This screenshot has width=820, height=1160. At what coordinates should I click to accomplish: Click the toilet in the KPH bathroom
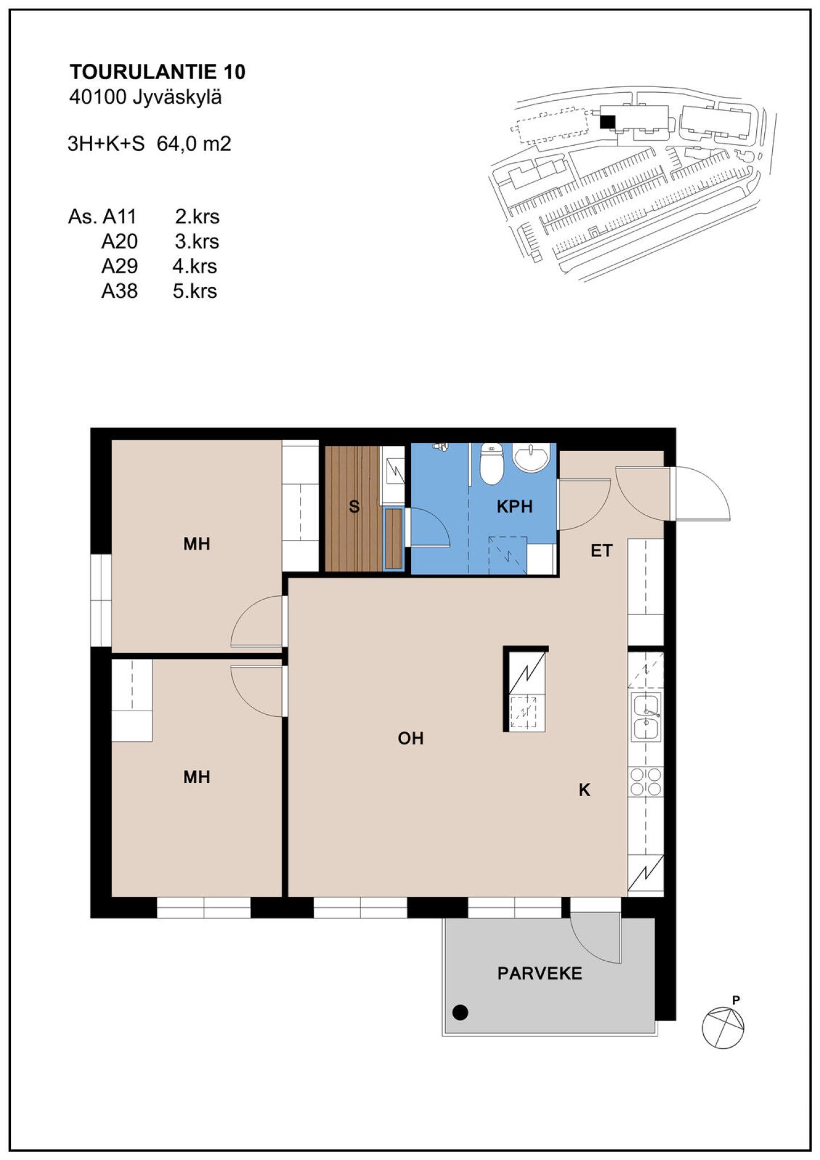(491, 463)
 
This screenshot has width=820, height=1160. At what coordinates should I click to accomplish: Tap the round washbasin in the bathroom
(531, 457)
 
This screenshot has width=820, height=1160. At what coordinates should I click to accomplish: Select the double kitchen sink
(646, 716)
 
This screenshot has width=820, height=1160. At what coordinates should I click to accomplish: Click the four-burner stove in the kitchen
(646, 781)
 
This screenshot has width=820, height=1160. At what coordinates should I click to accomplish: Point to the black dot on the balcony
(460, 1012)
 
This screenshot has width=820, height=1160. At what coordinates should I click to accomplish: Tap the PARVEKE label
(539, 973)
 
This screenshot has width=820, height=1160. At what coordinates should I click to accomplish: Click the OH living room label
(411, 738)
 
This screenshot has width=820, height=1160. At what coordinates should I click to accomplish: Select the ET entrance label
(601, 551)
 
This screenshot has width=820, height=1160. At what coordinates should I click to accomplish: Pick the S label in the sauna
(354, 506)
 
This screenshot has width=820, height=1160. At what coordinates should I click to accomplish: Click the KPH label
(514, 506)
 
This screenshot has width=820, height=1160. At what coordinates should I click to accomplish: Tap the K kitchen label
(584, 790)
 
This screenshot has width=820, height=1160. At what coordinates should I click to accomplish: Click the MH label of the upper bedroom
(196, 544)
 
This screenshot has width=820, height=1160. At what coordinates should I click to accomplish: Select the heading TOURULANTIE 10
(158, 72)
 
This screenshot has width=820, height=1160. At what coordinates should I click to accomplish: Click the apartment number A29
(120, 266)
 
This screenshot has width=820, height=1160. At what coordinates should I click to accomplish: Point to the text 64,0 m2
(194, 144)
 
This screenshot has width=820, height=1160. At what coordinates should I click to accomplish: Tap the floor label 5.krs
(195, 291)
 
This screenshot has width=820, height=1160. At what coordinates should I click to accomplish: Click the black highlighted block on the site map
(608, 122)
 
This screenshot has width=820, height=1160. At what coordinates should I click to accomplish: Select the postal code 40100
(97, 97)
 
